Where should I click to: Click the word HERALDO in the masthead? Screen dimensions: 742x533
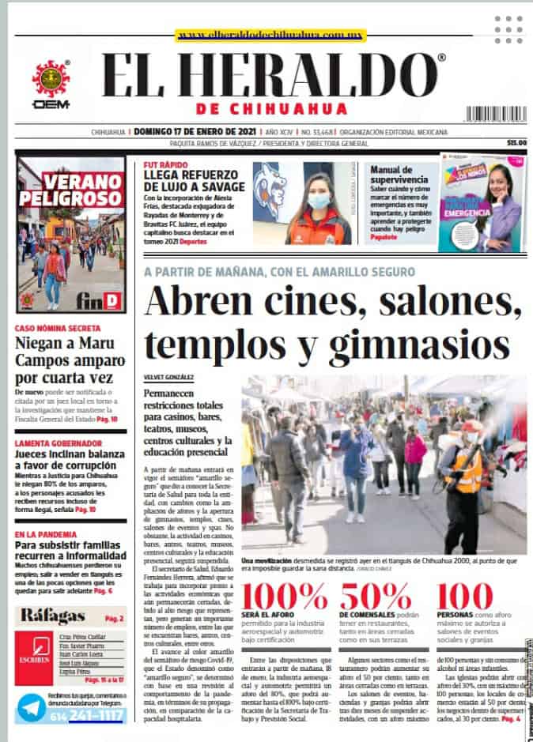(313, 77)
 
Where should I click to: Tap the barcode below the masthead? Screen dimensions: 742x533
(495, 114)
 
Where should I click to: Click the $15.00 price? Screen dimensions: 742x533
(516, 143)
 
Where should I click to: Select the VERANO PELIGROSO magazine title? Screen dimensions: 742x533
(71, 187)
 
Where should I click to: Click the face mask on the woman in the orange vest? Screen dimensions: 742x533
(318, 202)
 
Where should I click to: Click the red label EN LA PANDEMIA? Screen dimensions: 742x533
(43, 513)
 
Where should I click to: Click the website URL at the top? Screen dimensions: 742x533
(270, 36)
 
